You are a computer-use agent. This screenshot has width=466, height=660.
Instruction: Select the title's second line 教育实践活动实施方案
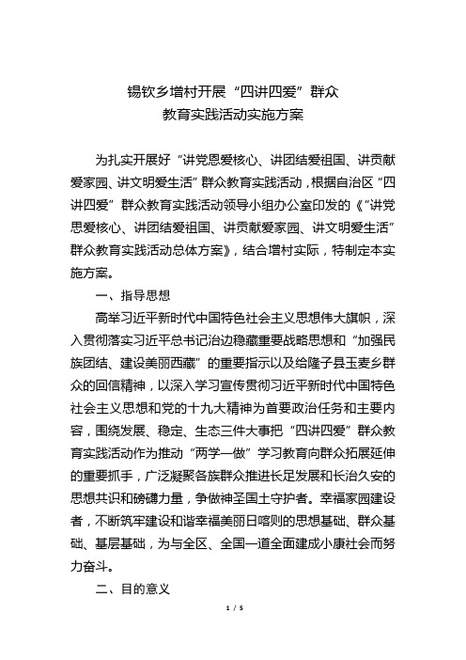(232, 118)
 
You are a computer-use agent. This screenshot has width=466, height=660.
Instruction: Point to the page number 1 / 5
(232, 636)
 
